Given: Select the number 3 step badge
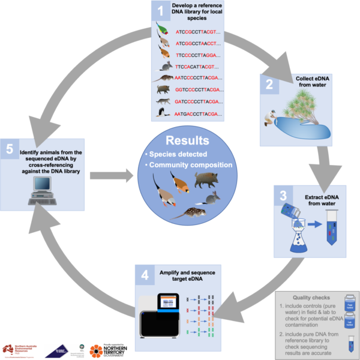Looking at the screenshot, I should [x=281, y=195].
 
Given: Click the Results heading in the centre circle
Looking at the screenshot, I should [x=181, y=141].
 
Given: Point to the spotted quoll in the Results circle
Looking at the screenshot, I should [x=190, y=211].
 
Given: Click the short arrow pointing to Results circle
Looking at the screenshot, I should [x=112, y=176].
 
